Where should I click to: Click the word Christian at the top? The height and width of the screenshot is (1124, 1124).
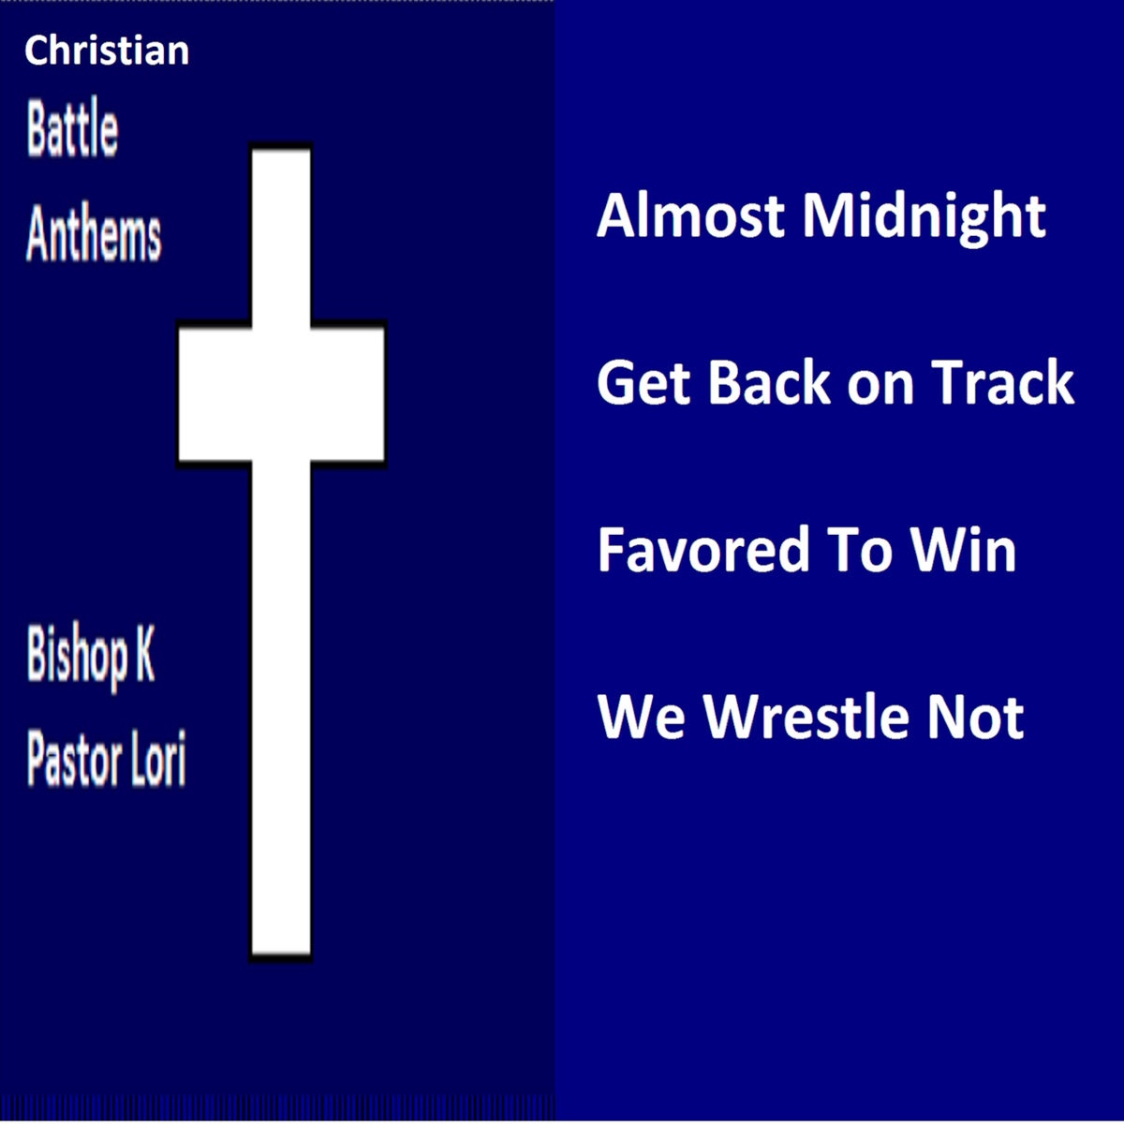[x=107, y=51]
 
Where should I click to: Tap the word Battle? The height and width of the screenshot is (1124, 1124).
[x=72, y=127]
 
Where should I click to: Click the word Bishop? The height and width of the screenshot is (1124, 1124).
[x=77, y=657]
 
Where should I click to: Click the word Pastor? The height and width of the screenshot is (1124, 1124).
[x=74, y=759]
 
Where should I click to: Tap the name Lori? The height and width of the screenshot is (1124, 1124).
[x=158, y=758]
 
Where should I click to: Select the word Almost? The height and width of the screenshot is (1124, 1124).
[x=690, y=215]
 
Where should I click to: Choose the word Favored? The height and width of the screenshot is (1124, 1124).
[x=703, y=548]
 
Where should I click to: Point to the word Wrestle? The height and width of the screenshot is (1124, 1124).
[x=806, y=716]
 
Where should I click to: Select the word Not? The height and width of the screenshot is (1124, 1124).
[x=975, y=717]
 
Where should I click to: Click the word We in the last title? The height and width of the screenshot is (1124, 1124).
[x=641, y=717]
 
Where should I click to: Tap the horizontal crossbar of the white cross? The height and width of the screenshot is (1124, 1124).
[x=281, y=393]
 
